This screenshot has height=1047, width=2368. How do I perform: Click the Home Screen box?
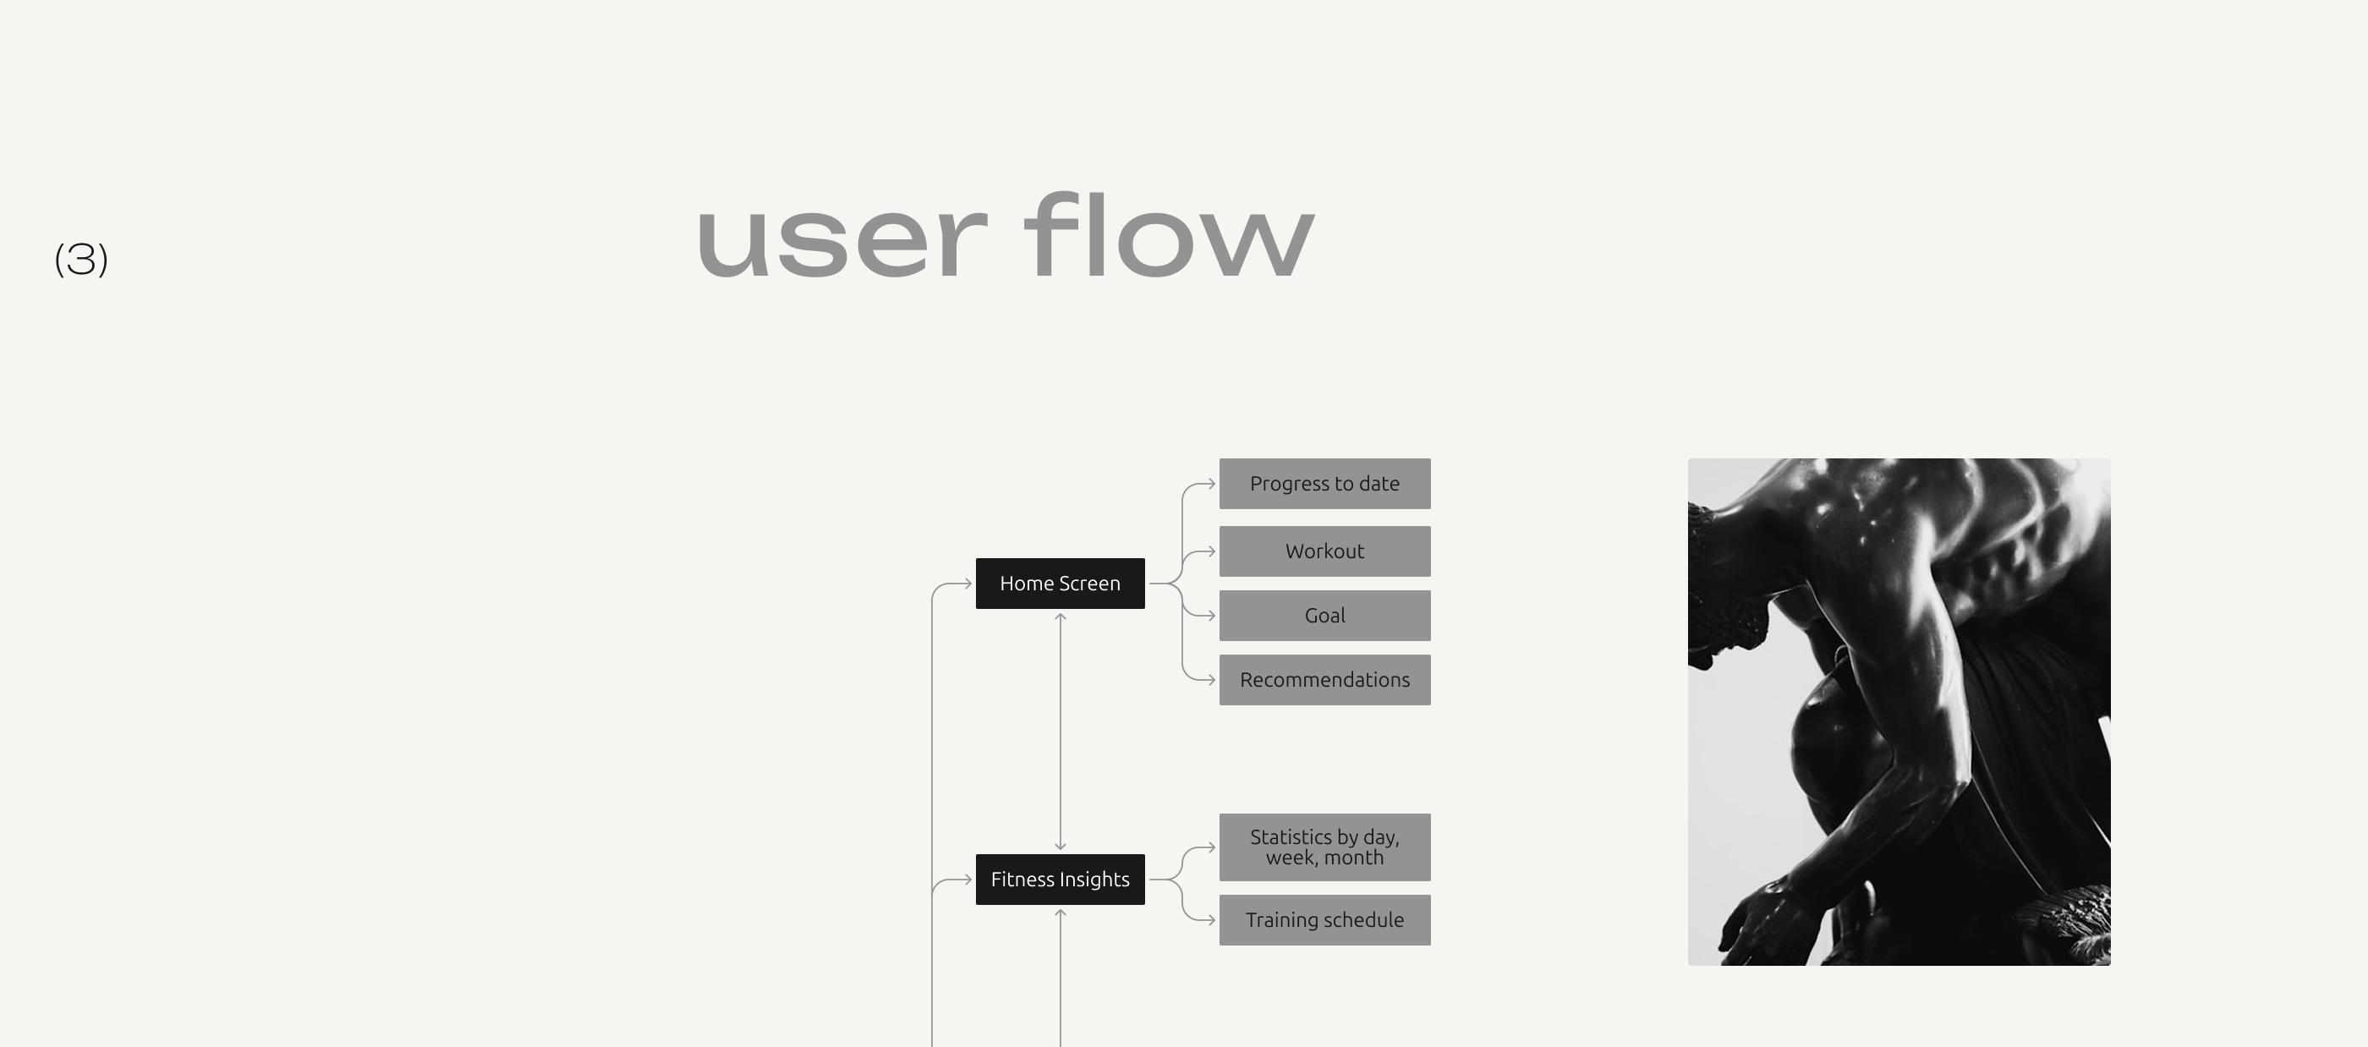[1060, 583]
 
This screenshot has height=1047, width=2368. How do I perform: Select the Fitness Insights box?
[1060, 879]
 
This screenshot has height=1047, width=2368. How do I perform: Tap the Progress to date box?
[1324, 484]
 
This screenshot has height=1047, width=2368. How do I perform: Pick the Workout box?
[1324, 551]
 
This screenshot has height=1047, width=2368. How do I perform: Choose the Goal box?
[1324, 616]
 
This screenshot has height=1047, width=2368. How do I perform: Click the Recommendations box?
[1324, 680]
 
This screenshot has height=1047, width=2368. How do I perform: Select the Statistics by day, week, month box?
[1324, 847]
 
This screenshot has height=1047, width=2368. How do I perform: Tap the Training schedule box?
[1324, 920]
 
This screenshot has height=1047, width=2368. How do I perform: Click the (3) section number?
[82, 260]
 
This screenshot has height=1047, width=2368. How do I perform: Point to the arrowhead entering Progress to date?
[1212, 484]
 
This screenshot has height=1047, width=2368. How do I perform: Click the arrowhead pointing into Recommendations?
[1212, 680]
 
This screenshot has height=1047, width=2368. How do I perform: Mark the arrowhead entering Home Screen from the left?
[968, 583]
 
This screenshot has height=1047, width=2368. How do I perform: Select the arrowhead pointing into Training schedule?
[1212, 920]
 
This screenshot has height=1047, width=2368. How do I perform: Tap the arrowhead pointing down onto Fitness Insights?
[1060, 846]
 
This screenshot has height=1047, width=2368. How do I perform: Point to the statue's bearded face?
[1728, 625]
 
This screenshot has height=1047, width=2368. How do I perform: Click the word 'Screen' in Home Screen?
[1089, 583]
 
